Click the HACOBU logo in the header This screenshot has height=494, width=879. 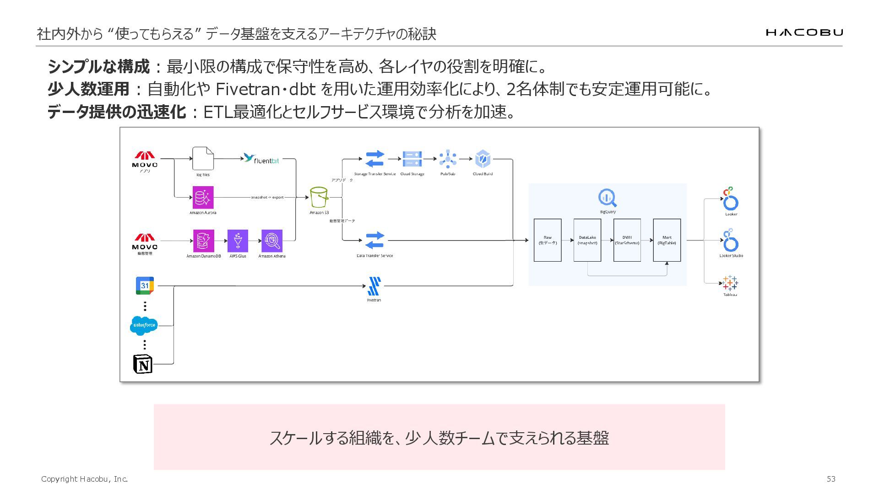point(804,32)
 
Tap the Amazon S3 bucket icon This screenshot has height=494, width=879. point(319,197)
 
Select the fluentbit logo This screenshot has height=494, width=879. point(261,159)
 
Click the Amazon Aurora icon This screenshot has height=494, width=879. point(203,197)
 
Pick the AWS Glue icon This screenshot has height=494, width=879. point(238,241)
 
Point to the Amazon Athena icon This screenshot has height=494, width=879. point(272,241)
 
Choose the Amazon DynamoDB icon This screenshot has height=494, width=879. point(203,241)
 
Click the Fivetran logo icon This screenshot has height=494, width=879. point(374,286)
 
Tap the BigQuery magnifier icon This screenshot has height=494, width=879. point(608,198)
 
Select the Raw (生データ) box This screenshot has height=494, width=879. point(548,240)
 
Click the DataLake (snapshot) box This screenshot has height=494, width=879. point(587,240)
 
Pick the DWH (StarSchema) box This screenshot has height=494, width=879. point(627,240)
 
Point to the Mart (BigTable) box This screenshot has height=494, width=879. point(667,240)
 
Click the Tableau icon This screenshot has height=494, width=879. point(730,283)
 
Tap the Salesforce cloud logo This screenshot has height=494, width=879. point(144,326)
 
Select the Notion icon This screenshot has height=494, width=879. point(143,364)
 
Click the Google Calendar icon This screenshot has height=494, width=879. point(145,285)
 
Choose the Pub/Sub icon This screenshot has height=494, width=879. point(448,159)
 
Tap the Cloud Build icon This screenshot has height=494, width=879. point(483,159)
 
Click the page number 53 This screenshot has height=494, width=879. point(831,479)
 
